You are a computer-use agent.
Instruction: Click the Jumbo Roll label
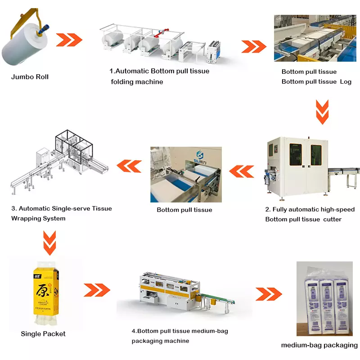tap(30, 77)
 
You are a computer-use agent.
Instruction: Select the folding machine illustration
tap(160, 45)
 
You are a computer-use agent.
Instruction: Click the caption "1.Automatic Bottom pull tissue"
tap(160, 71)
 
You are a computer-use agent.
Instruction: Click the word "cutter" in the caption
tap(332, 219)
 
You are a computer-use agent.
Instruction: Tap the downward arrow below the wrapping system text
tap(49, 242)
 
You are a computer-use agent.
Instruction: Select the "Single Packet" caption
tap(43, 334)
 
